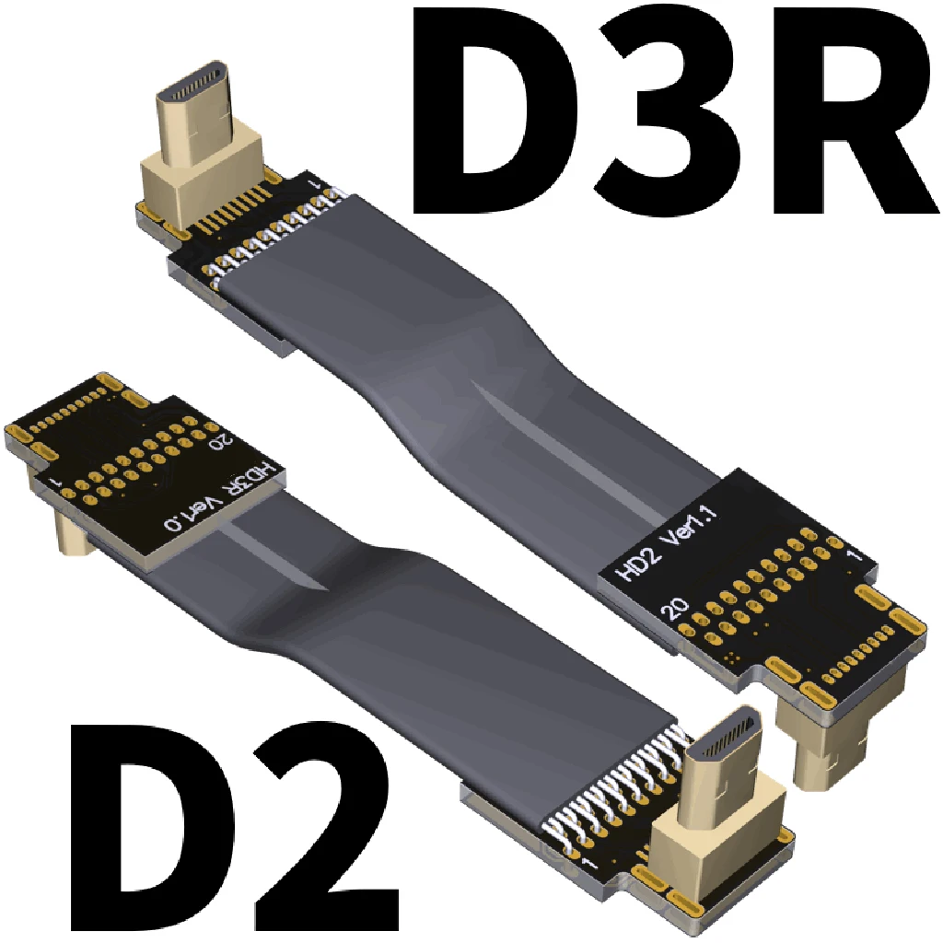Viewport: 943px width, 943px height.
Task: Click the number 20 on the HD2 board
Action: (675, 609)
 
